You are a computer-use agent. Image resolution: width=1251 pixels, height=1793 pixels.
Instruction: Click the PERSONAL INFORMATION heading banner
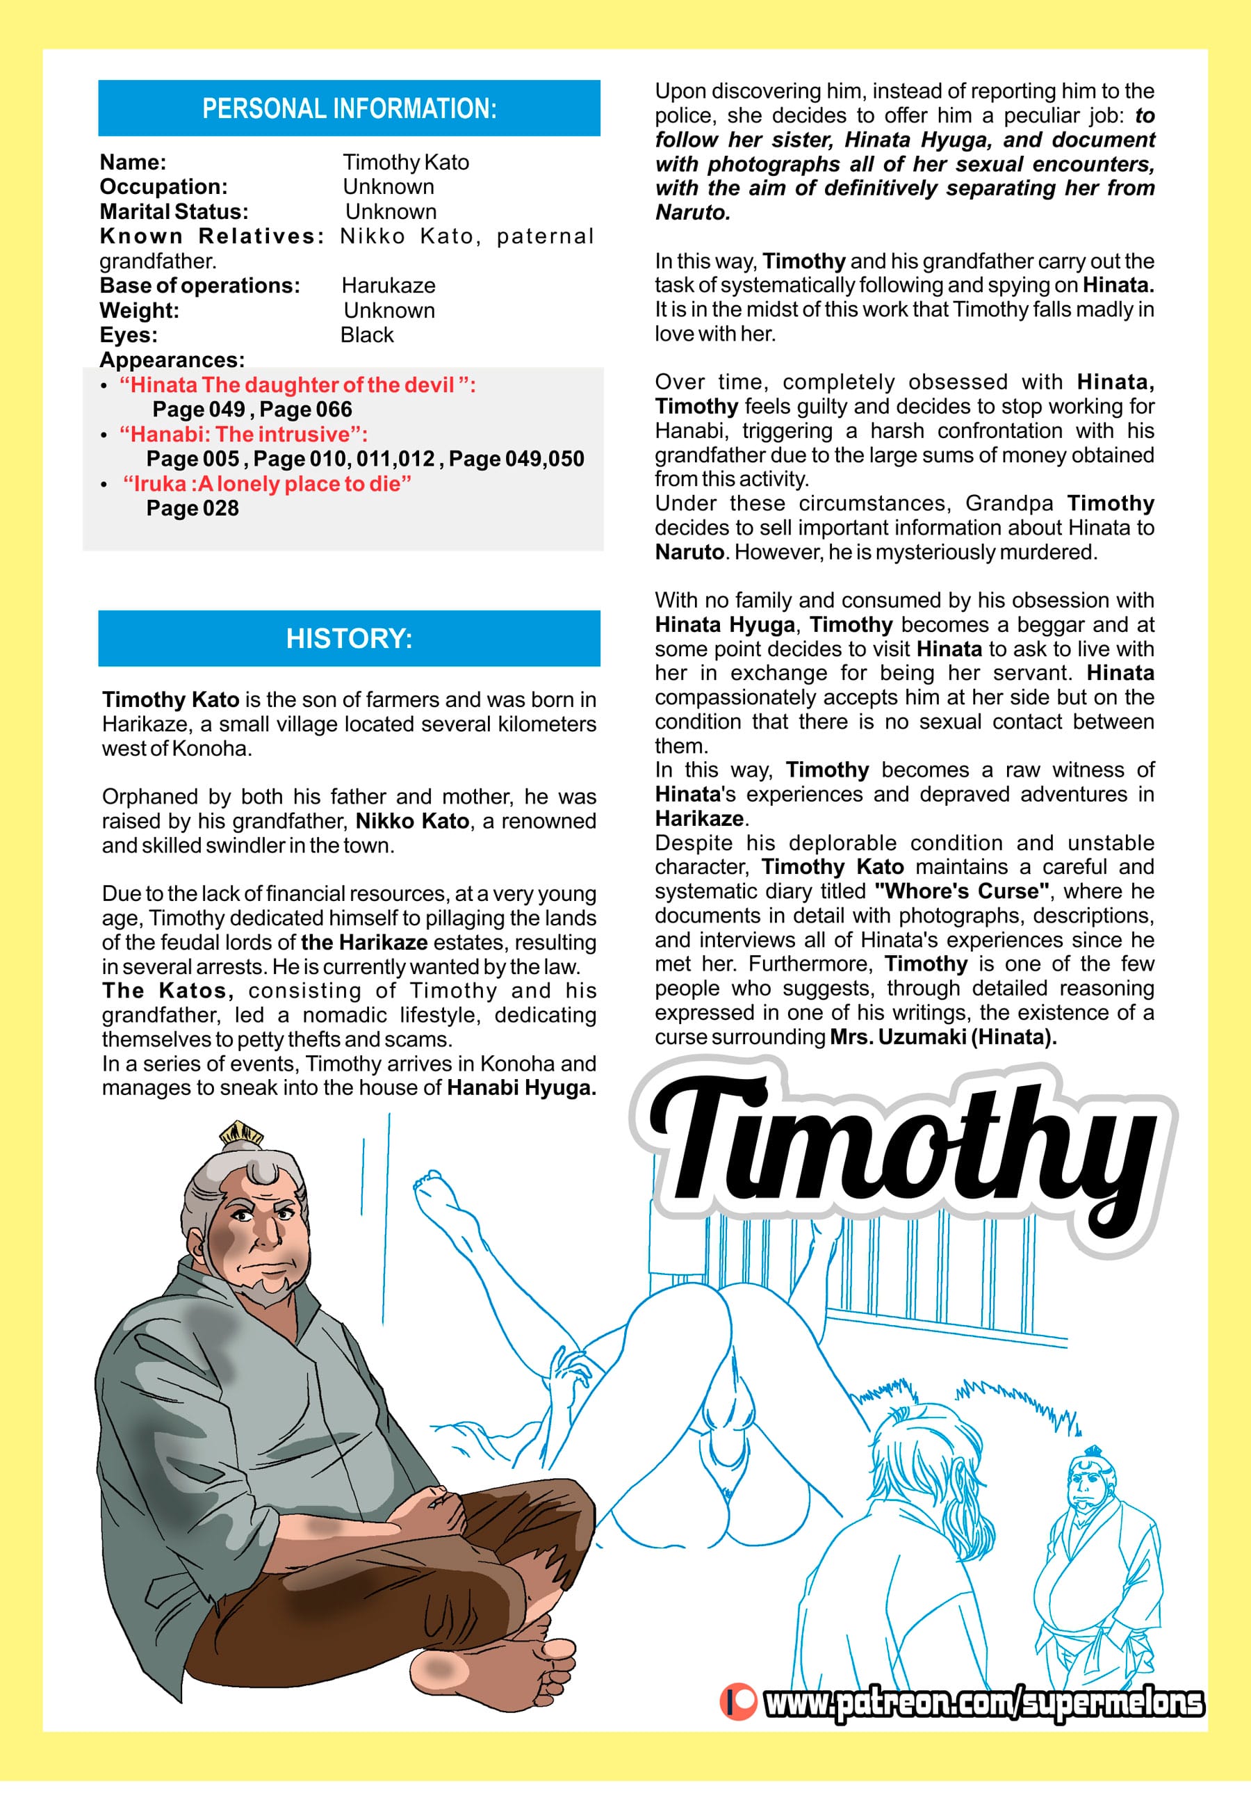pyautogui.click(x=349, y=108)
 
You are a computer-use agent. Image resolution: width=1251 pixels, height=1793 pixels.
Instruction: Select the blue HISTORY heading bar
pyautogui.click(x=349, y=638)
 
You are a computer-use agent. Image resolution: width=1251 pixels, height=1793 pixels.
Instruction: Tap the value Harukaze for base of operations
pyautogui.click(x=388, y=286)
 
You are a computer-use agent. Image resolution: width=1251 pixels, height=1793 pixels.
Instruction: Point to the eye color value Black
pyautogui.click(x=367, y=335)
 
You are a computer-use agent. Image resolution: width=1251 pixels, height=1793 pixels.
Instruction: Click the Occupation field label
pyautogui.click(x=163, y=186)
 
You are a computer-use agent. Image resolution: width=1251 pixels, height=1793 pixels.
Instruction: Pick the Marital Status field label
pyautogui.click(x=173, y=211)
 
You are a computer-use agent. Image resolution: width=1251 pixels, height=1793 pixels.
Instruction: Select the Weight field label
pyautogui.click(x=139, y=311)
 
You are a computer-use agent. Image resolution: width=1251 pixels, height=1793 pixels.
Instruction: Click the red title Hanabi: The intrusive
pyautogui.click(x=243, y=435)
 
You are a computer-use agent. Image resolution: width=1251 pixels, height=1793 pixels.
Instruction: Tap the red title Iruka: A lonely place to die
pyautogui.click(x=267, y=484)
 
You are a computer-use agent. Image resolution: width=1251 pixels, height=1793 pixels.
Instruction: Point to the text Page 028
pyautogui.click(x=192, y=508)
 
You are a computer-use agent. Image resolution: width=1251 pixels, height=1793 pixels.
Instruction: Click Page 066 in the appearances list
pyautogui.click(x=306, y=409)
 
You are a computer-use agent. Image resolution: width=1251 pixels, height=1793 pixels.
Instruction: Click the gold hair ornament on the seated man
pyautogui.click(x=240, y=1132)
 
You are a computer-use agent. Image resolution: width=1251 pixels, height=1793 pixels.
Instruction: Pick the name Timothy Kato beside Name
pyautogui.click(x=406, y=163)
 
